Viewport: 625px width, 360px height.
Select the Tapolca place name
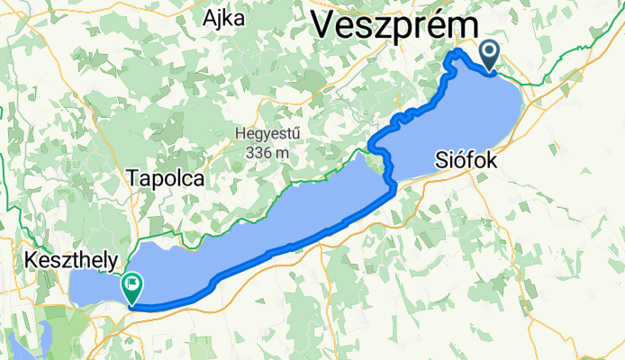(x=167, y=178)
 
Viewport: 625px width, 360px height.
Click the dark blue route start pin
(x=490, y=55)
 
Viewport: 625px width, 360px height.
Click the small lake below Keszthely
(x=23, y=344)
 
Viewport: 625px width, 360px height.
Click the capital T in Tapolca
(x=134, y=178)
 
